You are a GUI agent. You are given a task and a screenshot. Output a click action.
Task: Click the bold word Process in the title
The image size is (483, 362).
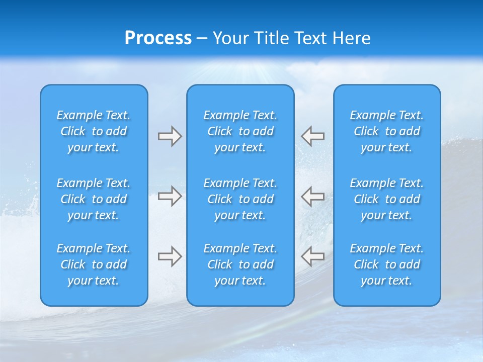[158, 38]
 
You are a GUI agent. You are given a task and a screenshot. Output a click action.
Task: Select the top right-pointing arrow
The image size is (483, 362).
[170, 136]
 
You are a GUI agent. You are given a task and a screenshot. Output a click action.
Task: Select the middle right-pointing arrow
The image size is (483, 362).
[170, 196]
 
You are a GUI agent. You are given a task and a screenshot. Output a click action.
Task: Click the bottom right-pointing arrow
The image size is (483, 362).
[170, 256]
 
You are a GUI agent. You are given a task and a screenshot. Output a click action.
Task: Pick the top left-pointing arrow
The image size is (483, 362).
[313, 136]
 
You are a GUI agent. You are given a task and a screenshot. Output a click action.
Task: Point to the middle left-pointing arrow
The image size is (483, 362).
[313, 196]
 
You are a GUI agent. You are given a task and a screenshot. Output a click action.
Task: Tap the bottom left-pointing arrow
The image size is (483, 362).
[313, 256]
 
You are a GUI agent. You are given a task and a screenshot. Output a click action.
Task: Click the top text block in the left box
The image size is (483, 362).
[94, 131]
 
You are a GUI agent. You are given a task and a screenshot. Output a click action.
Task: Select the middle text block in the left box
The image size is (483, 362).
[94, 199]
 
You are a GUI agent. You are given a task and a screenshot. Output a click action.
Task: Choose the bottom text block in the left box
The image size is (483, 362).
[94, 264]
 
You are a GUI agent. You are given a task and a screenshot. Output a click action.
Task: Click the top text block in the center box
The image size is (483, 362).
[240, 131]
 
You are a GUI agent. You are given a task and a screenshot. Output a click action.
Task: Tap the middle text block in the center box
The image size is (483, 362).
[240, 199]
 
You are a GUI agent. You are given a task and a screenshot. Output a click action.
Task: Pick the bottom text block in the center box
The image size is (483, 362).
[240, 264]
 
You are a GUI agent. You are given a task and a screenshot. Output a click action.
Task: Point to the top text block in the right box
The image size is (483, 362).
[386, 131]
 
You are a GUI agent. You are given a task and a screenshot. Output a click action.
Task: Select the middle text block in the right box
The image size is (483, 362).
[386, 199]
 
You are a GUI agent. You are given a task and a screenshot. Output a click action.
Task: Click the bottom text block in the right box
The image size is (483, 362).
[386, 264]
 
